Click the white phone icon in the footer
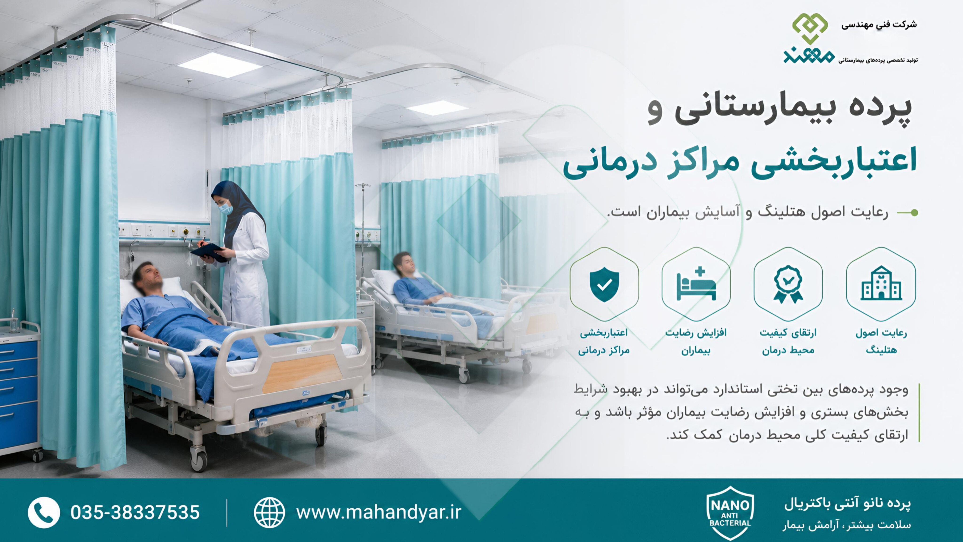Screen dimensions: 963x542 point(44,512)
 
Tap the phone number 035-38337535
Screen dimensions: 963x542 point(135,512)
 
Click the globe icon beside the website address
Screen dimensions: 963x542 point(269,512)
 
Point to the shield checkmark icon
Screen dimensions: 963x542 point(604,284)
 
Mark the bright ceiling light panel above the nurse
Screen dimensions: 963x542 point(220,65)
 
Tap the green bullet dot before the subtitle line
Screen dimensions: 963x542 point(914,212)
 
